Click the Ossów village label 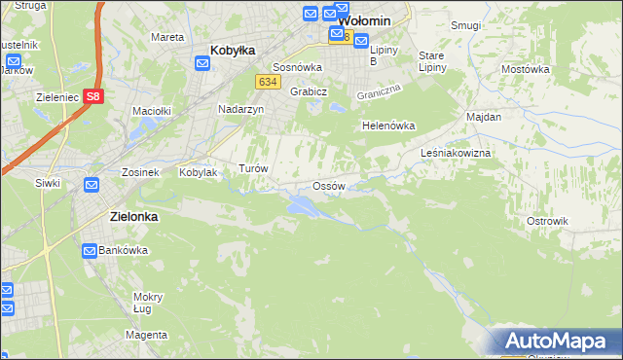tap(328, 185)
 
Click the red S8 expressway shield tap(92, 96)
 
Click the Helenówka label tap(388, 126)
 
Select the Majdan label tap(484, 117)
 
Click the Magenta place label tap(146, 335)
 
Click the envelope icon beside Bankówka tap(90, 250)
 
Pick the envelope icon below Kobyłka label tap(202, 64)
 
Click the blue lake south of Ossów tap(301, 205)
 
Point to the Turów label tap(253, 168)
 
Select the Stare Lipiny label tap(431, 61)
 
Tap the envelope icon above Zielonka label tap(91, 185)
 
